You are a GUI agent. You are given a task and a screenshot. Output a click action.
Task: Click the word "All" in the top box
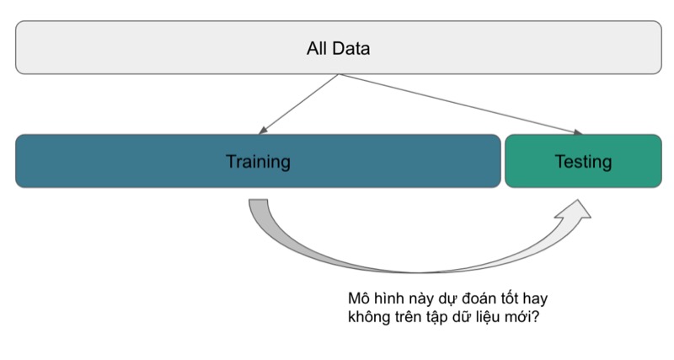317,48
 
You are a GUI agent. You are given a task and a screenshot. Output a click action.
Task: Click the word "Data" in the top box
350,48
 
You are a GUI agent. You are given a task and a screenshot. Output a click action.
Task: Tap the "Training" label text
258,162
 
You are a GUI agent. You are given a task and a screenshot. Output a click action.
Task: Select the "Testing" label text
583,162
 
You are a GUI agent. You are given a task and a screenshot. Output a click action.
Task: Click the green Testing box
583,161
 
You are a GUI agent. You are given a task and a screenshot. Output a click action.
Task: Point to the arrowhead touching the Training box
263,131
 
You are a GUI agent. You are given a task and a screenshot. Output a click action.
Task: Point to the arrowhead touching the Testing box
577,132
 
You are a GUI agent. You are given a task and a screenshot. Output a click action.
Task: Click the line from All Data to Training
299,105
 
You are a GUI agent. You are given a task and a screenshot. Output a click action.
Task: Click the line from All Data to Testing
461,104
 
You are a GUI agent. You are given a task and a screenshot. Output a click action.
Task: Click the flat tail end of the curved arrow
258,200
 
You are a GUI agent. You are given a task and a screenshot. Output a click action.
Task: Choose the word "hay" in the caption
536,299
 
